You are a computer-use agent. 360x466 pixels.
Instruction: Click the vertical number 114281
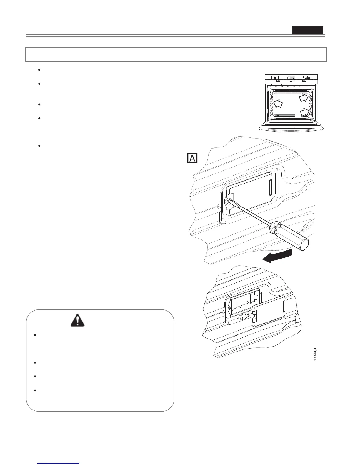coord(315,354)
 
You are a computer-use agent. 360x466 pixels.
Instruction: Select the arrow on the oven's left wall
coord(278,103)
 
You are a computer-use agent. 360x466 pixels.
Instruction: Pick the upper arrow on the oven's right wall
coord(304,97)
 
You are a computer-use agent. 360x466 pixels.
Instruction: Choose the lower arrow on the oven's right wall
coord(305,112)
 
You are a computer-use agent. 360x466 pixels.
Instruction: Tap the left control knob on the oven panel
coord(275,78)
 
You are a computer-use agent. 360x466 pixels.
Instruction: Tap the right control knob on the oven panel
coord(307,78)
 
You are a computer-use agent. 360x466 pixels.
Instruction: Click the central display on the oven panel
coord(291,78)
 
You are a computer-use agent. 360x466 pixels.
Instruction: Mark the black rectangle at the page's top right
coord(307,30)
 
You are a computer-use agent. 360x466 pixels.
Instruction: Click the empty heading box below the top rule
coord(176,54)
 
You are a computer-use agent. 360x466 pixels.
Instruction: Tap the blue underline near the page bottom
coord(59,463)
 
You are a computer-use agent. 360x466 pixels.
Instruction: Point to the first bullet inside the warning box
coord(35,335)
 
